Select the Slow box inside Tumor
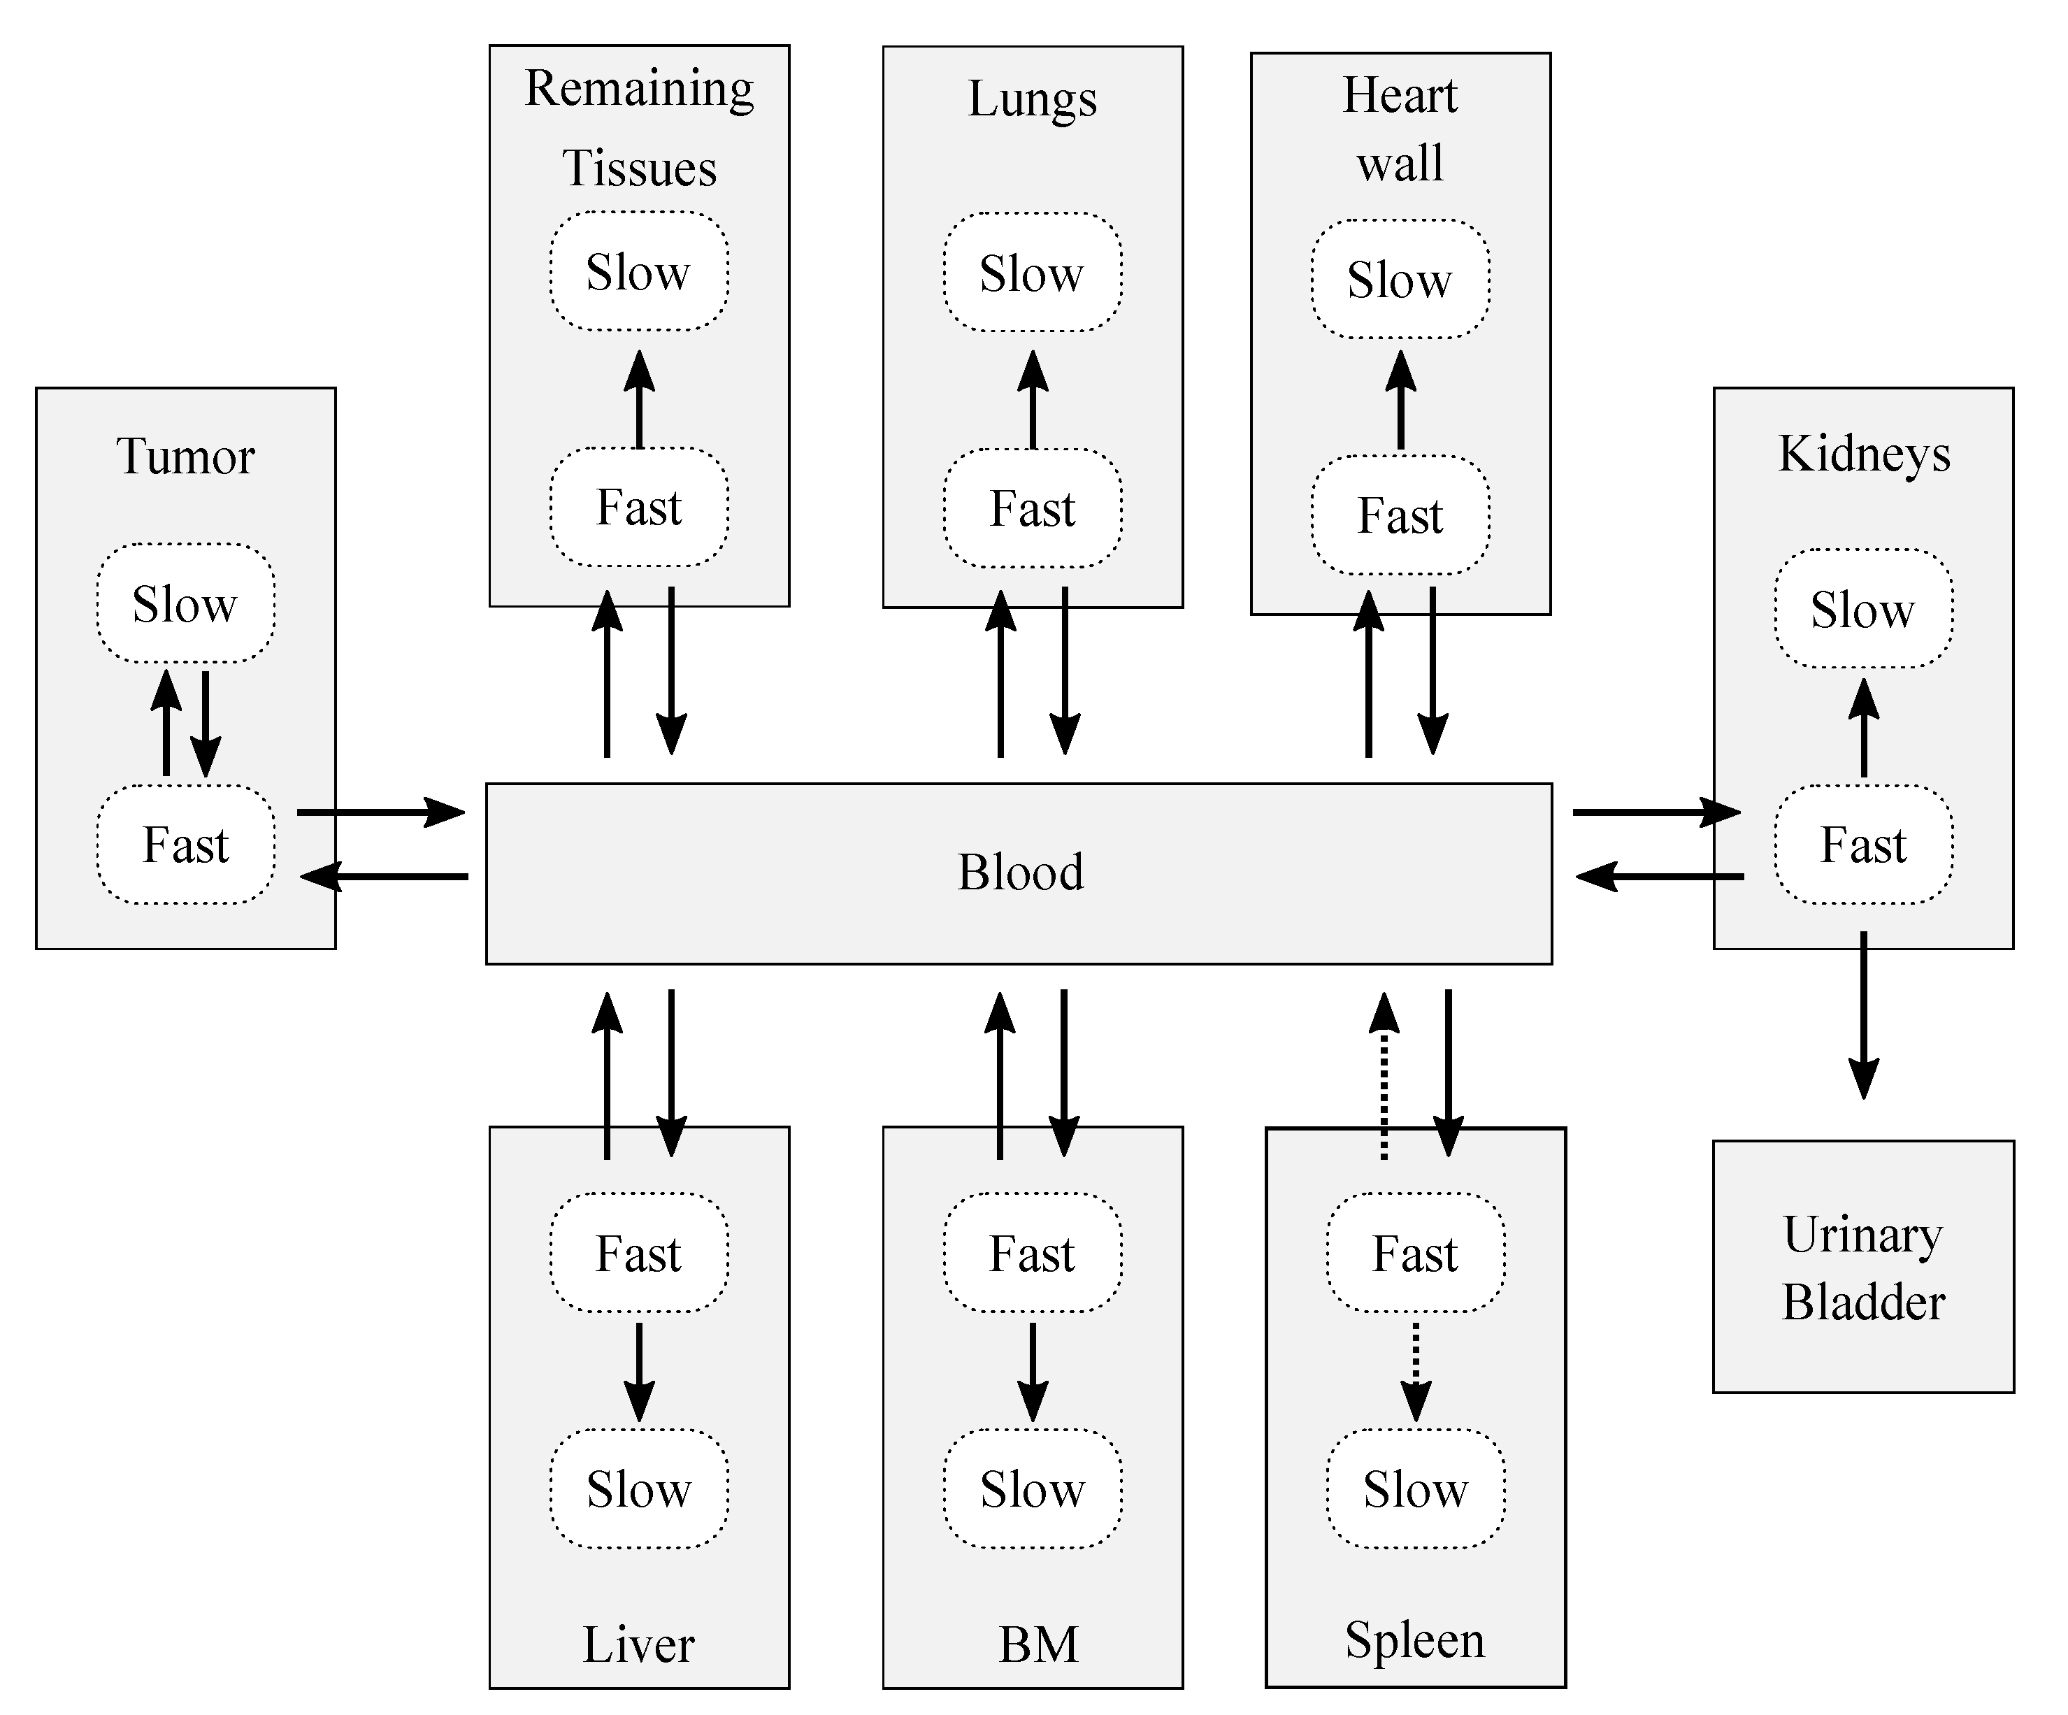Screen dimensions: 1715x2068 185,603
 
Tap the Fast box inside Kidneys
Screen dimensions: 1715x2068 1862,844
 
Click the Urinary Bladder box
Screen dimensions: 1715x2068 1862,1267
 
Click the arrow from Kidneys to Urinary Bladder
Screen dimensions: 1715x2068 1862,1014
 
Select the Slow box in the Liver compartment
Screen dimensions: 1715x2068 638,1488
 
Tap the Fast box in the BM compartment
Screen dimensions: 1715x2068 1032,1253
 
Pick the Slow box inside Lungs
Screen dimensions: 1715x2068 1032,273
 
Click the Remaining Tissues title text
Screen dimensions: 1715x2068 639,127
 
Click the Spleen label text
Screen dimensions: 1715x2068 1415,1639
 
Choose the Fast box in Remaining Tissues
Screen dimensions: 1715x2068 638,508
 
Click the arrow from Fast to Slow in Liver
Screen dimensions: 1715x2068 638,1370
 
